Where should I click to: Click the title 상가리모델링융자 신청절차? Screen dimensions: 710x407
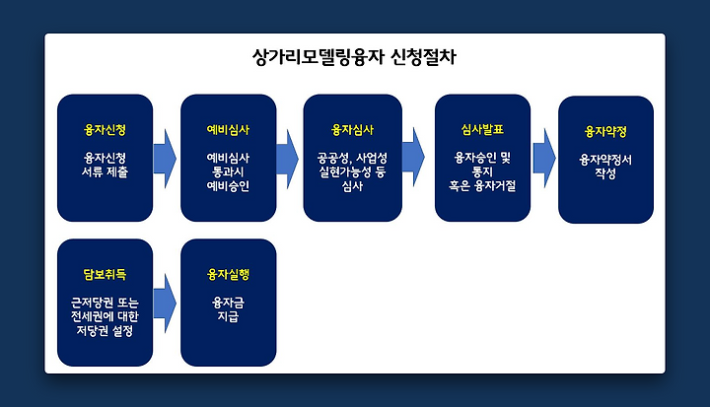pos(354,57)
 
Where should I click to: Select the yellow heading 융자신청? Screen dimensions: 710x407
pos(105,130)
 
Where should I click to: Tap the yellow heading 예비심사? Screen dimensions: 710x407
pos(228,130)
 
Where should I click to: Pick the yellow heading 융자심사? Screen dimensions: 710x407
pos(352,130)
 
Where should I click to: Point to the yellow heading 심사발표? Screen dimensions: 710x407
pos(482,129)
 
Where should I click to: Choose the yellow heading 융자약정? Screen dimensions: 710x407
pos(605,132)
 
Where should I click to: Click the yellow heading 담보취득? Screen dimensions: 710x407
pos(105,274)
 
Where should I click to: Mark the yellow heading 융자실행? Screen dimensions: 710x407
pos(228,274)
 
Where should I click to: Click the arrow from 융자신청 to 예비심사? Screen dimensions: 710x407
pos(165,159)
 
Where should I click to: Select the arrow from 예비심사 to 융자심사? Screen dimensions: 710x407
pos(288,159)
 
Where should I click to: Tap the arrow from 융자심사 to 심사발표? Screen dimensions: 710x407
pos(413,157)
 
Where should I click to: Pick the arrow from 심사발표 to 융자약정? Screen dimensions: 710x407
pos(544,158)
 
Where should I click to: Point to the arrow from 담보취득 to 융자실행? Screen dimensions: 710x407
pos(165,303)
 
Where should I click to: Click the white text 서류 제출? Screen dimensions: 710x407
pos(105,172)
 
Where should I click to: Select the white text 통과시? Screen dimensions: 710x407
pos(228,172)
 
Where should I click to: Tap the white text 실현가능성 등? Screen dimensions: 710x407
pos(352,172)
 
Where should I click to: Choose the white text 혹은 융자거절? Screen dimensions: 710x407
pos(482,186)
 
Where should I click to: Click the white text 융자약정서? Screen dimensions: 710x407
pos(605,160)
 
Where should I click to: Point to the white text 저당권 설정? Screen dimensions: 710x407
pos(105,330)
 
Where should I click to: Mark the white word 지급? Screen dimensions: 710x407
pos(228,316)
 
